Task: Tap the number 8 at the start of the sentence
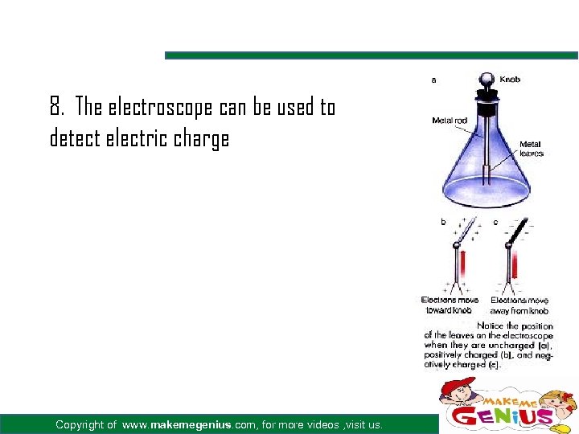pos(55,106)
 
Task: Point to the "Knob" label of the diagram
pos(510,80)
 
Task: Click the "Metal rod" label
pos(449,121)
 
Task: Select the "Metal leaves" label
pos(531,149)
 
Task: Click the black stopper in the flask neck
pos(487,100)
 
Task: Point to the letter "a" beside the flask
pos(434,80)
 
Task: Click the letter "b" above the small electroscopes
pos(442,221)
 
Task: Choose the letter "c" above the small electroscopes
pos(495,221)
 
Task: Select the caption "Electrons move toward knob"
pos(450,305)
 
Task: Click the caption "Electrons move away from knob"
pos(519,305)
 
